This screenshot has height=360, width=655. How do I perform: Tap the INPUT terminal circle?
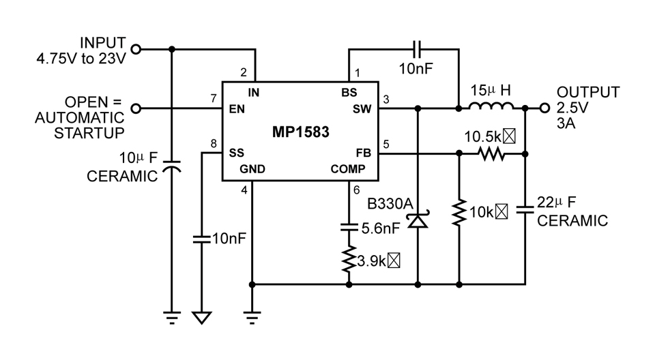[x=136, y=49]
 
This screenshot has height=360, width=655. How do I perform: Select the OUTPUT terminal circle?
[x=544, y=108]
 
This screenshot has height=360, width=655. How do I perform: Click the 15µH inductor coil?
[x=491, y=106]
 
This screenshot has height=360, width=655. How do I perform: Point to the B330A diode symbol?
[x=417, y=220]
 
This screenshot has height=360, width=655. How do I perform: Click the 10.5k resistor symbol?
[x=491, y=154]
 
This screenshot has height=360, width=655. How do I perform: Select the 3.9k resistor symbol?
[x=349, y=260]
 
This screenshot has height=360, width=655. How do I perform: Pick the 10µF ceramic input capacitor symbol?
[x=172, y=168]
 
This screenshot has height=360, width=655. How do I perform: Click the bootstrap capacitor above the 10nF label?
[x=418, y=49]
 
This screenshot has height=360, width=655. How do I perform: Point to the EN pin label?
[x=236, y=108]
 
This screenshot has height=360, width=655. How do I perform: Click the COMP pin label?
[x=349, y=169]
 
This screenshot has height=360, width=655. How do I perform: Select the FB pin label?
[x=362, y=153]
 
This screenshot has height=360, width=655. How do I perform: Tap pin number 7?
[x=214, y=98]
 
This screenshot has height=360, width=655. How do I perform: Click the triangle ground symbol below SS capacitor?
[x=202, y=318]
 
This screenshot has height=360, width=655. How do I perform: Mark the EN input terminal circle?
[x=136, y=108]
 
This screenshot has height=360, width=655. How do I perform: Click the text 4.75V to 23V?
[x=82, y=59]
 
